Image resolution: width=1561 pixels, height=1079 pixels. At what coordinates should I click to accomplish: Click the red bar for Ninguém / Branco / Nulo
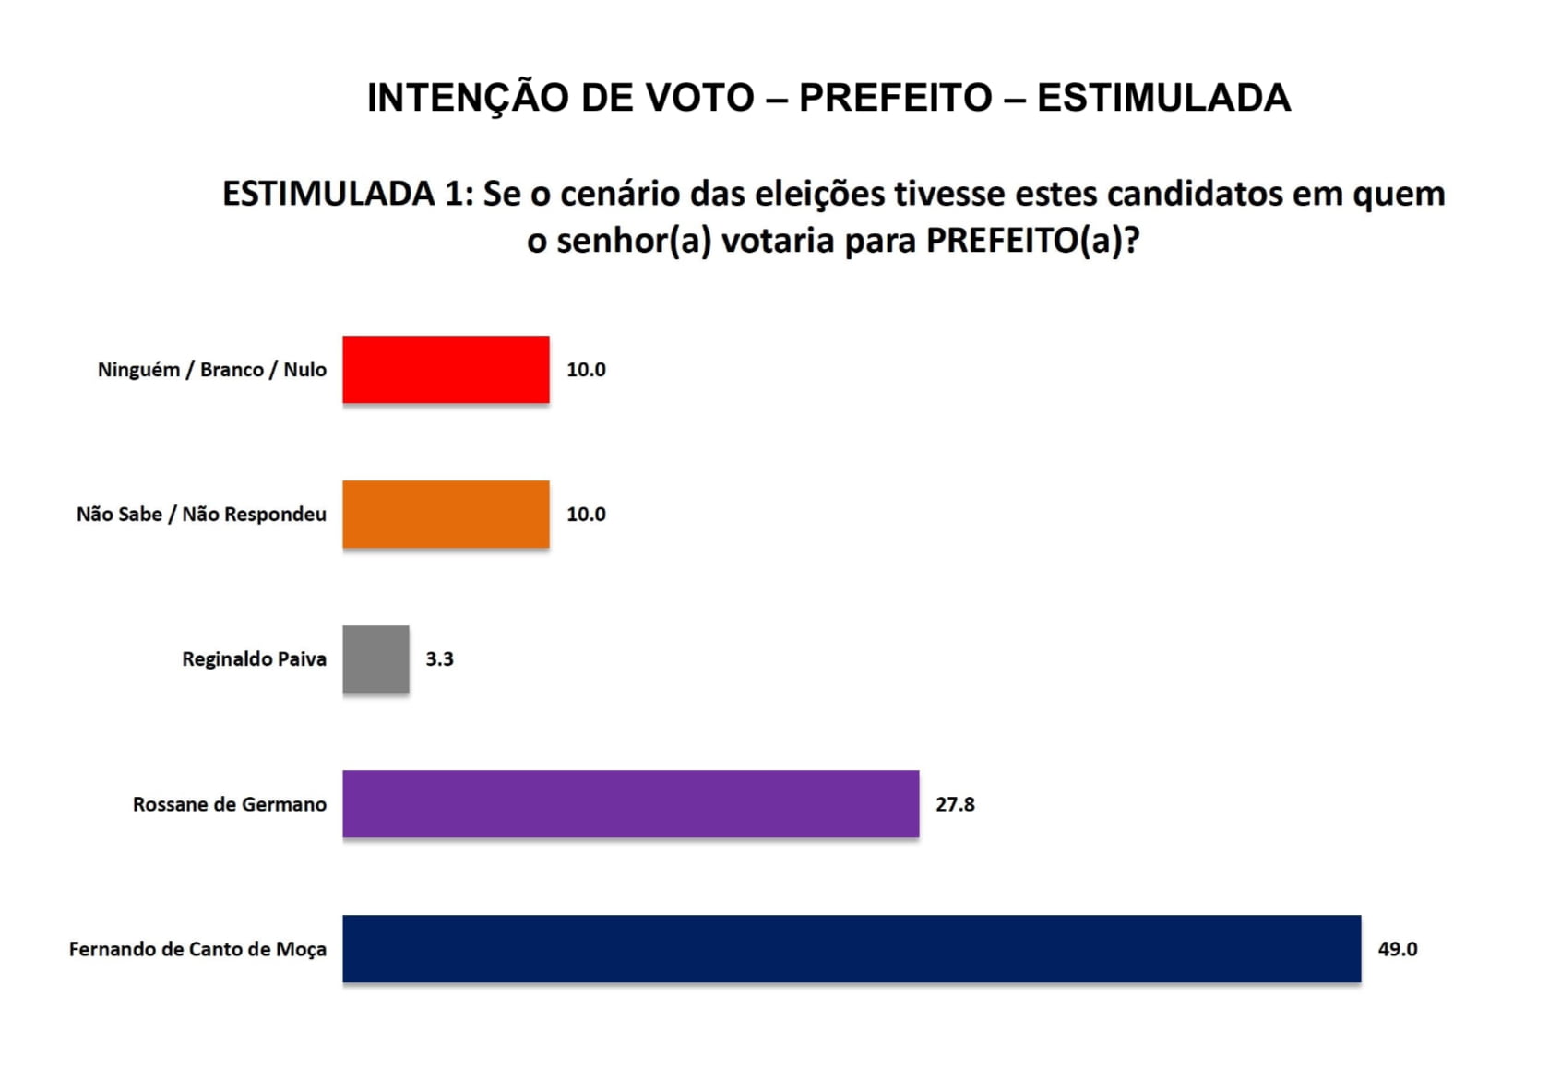point(446,369)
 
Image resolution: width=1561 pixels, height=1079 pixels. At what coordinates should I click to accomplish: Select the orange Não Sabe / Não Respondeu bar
point(446,514)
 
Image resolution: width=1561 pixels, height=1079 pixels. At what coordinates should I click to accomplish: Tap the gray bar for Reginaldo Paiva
point(375,658)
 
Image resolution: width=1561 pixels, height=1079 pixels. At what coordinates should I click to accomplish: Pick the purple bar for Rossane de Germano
point(630,804)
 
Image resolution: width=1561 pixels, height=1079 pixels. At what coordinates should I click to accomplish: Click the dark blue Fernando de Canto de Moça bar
point(851,949)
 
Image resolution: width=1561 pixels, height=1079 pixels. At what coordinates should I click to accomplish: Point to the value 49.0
point(1397,949)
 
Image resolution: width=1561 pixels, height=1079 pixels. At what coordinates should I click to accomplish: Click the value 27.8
point(955,804)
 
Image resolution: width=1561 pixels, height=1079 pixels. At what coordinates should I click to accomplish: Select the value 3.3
point(439,658)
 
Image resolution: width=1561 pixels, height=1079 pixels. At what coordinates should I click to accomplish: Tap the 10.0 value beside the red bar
point(586,369)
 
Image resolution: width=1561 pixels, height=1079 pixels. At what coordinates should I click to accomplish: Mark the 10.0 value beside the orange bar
point(586,514)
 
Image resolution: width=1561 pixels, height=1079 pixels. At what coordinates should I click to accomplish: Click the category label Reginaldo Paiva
point(254,658)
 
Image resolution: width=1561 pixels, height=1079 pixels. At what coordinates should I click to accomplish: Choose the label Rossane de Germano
point(230,804)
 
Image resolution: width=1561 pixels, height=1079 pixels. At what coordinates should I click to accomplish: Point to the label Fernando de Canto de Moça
point(197,949)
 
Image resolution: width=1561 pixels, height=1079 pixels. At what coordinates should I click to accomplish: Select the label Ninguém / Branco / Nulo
point(212,369)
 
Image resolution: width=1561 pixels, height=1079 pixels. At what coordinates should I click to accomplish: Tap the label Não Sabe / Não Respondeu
point(201,514)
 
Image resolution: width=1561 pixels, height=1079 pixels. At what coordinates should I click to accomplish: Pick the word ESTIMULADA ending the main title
point(1163,98)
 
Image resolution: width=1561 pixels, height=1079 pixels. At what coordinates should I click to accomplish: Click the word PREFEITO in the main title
point(895,98)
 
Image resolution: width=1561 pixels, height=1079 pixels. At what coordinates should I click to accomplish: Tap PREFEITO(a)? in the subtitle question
point(1033,241)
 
